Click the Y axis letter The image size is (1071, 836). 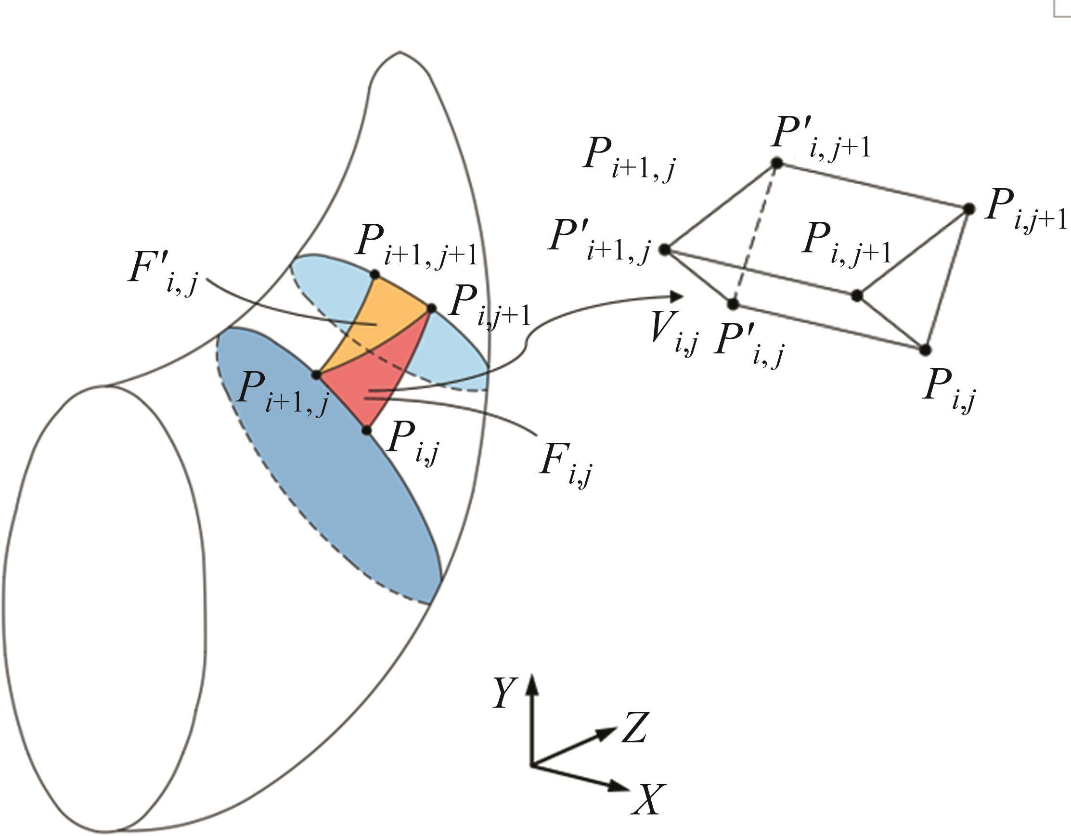tap(505, 693)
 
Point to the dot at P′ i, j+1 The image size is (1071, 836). tap(776, 163)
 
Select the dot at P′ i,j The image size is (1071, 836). tap(733, 304)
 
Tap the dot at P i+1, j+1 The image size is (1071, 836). tap(375, 274)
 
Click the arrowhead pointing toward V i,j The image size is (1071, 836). tap(677, 296)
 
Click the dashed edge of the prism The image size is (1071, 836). tap(755, 233)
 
